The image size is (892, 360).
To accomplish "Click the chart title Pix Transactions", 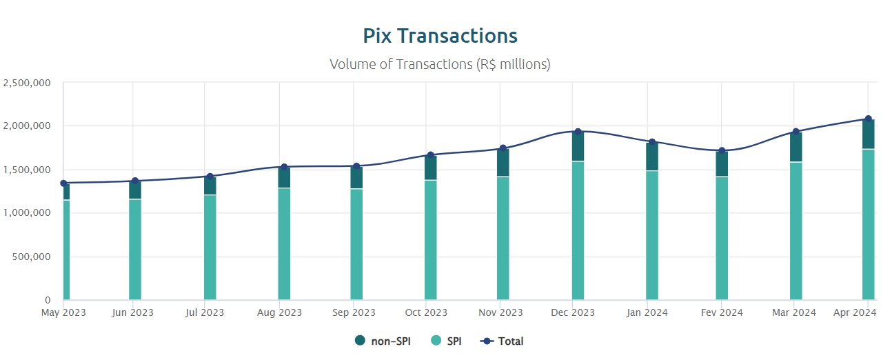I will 440,36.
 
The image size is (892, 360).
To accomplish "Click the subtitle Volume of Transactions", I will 440,64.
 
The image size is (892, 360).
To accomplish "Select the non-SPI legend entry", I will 383,341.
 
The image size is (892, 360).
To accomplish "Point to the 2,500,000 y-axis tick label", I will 28,83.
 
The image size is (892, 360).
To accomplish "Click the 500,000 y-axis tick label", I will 32,257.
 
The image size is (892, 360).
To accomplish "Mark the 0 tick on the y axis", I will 48,300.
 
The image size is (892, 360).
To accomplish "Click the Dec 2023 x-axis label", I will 574,312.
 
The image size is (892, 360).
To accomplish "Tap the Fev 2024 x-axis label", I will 722,312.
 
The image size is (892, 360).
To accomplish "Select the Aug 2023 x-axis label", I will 279,312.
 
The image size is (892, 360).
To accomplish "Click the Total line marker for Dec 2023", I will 578,132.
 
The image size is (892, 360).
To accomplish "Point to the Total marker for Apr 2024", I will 868,119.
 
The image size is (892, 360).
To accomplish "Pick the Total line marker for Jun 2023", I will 135,181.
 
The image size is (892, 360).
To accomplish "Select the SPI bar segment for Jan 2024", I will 652,235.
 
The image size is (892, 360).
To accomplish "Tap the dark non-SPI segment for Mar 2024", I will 795,147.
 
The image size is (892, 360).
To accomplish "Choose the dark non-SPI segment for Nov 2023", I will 503,163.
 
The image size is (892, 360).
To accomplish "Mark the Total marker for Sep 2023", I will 356,166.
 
